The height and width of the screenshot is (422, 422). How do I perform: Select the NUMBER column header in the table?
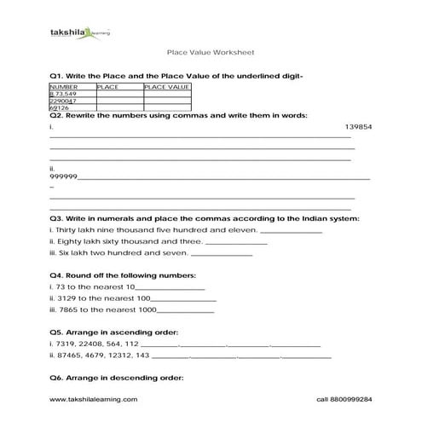[x=65, y=86]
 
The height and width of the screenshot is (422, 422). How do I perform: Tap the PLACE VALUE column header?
[x=165, y=86]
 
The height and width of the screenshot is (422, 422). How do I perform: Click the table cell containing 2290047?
[x=64, y=101]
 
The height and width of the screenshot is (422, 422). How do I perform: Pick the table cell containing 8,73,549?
[x=65, y=94]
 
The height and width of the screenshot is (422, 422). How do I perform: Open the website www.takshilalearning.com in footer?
[x=92, y=399]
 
